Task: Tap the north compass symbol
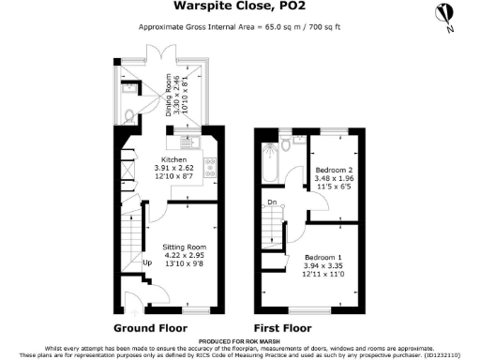(x=444, y=15)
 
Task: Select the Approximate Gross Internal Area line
(x=239, y=26)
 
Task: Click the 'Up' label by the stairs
(x=146, y=262)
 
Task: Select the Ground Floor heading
(x=151, y=328)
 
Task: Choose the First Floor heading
(x=282, y=328)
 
